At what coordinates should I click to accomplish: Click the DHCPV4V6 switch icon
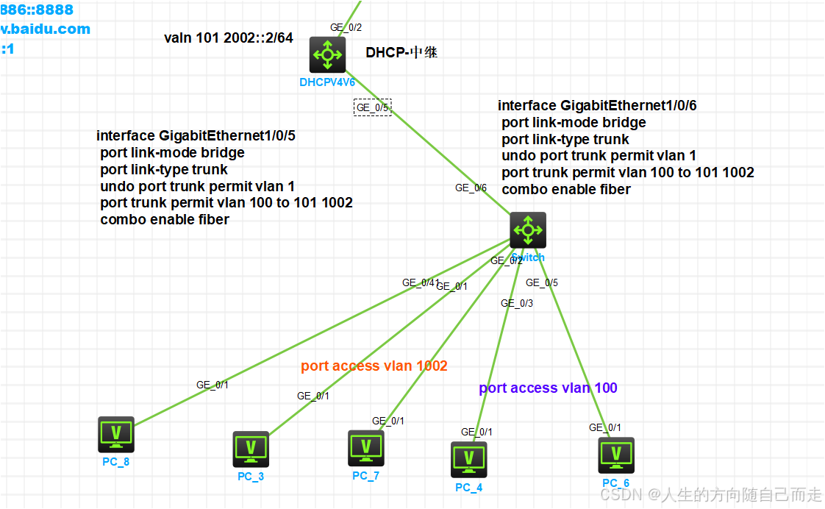coord(327,54)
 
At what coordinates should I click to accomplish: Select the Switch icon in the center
coord(528,230)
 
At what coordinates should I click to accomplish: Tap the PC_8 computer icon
coord(116,434)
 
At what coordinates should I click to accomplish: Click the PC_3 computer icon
coord(251,449)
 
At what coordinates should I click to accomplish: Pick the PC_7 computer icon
coord(365,448)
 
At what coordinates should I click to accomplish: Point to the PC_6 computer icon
coord(615,455)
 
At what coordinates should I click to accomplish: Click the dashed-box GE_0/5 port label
coord(372,107)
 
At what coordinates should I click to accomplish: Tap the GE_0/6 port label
coord(471,188)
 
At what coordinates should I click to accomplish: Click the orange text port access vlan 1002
coord(374,366)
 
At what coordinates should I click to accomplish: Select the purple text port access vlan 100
coord(548,388)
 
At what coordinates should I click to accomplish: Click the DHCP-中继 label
coord(401,53)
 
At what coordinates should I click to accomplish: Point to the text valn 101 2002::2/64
coord(229,38)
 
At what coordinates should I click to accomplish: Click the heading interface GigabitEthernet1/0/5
coord(196,136)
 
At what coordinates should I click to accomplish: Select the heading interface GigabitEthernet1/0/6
coord(596,106)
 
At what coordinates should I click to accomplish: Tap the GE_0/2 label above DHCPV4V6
coord(346,27)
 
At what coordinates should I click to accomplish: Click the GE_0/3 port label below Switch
coord(517,303)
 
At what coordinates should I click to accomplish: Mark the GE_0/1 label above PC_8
coord(213,384)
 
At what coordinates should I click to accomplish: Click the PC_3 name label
coord(251,476)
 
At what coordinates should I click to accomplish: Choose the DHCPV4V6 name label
coord(327,82)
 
